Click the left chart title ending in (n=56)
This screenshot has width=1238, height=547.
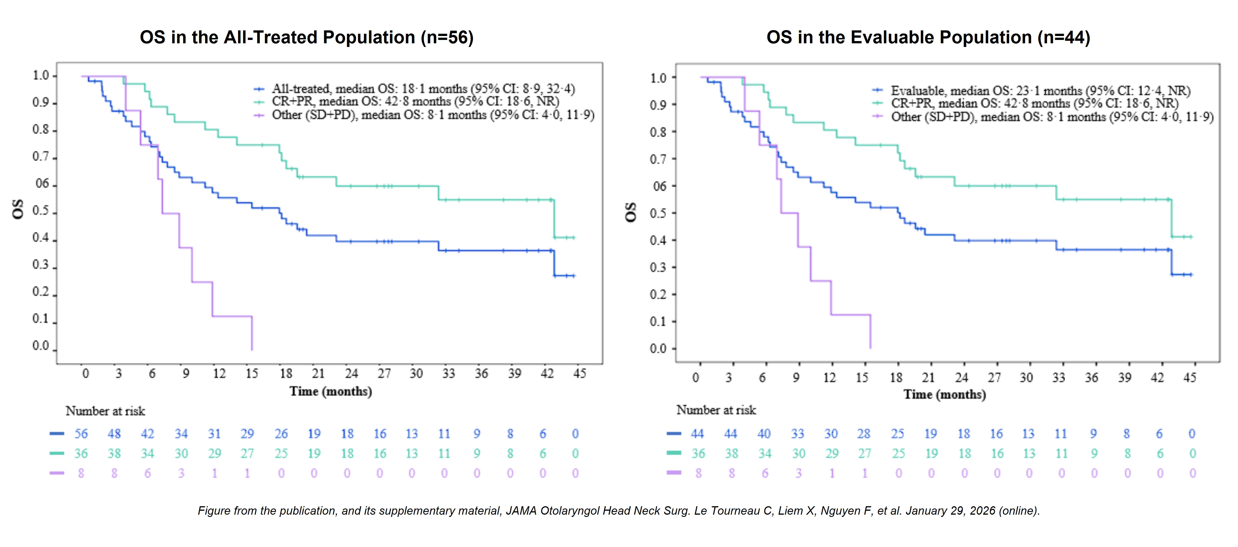307,37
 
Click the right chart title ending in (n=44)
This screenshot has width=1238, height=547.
928,37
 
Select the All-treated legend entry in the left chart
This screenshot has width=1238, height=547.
423,89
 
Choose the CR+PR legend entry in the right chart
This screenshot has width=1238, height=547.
1034,103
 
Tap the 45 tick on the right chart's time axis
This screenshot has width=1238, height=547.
1189,377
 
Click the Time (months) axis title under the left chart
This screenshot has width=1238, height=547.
331,391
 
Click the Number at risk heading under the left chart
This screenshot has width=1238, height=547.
105,411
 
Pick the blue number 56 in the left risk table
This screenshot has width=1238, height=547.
81,434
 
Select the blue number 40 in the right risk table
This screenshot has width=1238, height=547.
764,434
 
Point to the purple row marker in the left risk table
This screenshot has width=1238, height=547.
57,473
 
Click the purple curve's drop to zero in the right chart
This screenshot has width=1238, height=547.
870,336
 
